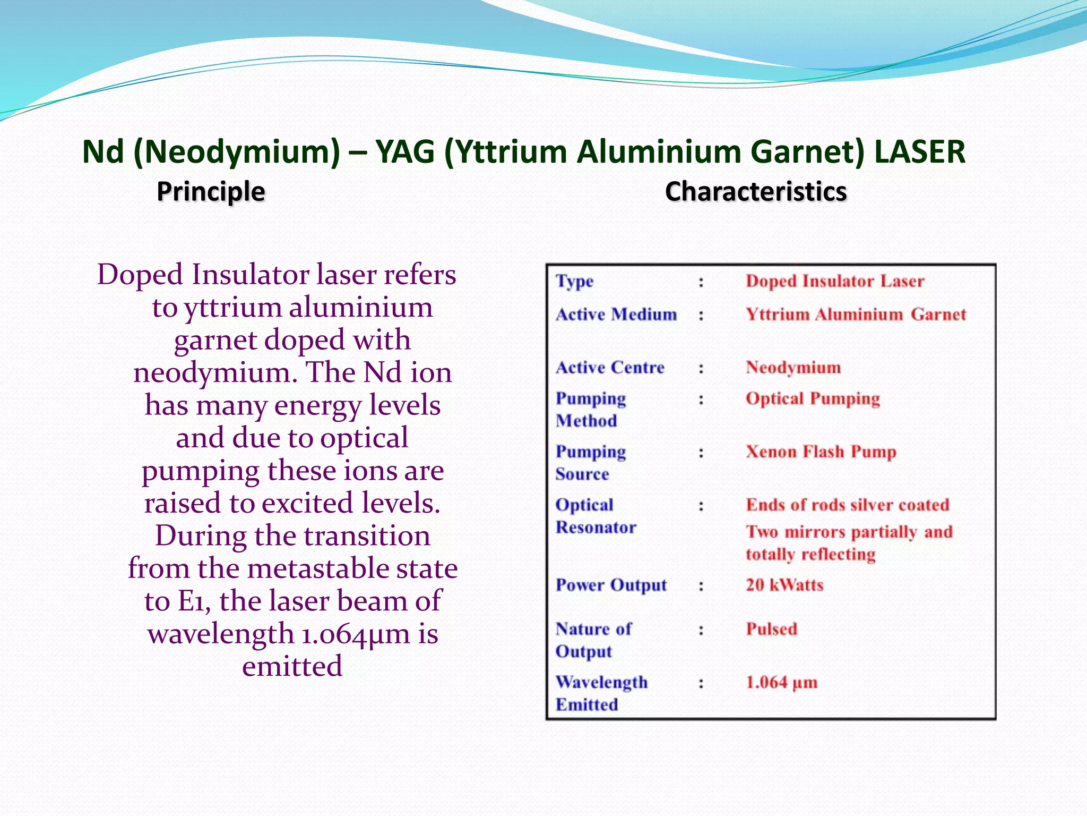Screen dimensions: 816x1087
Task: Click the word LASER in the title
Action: [x=919, y=152]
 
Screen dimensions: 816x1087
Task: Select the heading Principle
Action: [x=211, y=191]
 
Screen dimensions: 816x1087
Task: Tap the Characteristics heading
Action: [x=756, y=191]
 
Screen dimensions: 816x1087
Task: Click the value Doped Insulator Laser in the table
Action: [x=835, y=281]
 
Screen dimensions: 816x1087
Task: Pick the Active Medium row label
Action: [x=616, y=314]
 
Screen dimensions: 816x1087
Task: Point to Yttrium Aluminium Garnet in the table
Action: [x=856, y=314]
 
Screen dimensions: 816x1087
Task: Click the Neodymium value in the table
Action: [x=793, y=368]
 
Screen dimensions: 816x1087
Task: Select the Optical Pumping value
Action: [x=813, y=398]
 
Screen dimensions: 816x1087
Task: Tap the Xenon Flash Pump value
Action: [x=821, y=452]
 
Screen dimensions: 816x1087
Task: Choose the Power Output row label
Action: [x=611, y=585]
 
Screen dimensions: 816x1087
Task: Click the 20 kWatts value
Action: [x=784, y=585]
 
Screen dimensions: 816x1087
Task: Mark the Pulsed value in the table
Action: [x=772, y=629]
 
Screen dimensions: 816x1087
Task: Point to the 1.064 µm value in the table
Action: [x=781, y=682]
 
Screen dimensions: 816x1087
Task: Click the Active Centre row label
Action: [x=610, y=368]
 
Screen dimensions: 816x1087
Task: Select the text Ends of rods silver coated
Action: [x=848, y=505]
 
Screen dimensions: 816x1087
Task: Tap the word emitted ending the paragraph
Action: [x=292, y=666]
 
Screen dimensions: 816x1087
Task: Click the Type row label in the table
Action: [x=574, y=281]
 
